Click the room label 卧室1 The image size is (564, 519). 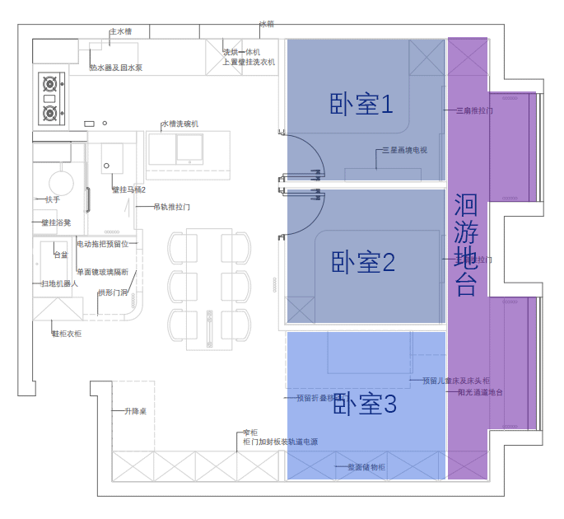(361, 105)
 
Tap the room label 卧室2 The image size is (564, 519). (363, 263)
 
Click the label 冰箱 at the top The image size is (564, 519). (267, 25)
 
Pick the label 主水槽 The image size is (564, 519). (120, 32)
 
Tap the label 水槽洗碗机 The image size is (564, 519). (179, 124)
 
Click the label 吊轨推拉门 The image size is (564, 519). (171, 207)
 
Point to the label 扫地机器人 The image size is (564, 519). (59, 283)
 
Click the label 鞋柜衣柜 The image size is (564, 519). (67, 334)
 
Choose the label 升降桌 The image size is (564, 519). (135, 411)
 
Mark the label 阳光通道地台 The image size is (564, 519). (480, 392)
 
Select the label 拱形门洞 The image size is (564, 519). (113, 292)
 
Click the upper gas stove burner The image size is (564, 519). (50, 83)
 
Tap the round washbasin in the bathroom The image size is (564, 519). (60, 182)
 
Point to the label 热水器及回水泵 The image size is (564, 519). (115, 68)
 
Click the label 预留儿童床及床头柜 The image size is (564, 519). (455, 381)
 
